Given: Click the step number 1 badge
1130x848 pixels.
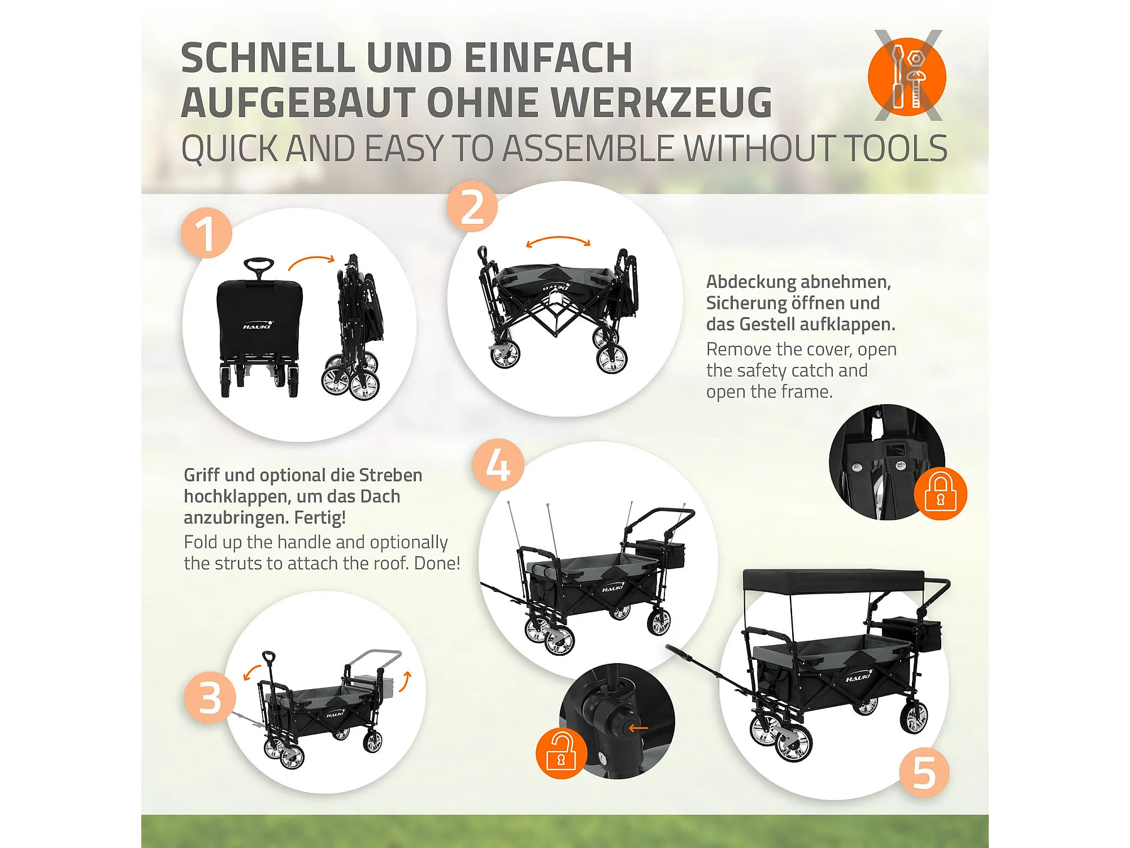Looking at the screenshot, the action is click(x=207, y=233).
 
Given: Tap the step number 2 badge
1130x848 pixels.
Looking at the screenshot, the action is click(x=472, y=206).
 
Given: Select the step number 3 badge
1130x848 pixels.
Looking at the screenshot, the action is click(x=210, y=698).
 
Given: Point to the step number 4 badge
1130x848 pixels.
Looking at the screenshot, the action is click(x=498, y=465).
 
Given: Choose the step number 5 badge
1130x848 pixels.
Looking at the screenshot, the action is click(x=924, y=773).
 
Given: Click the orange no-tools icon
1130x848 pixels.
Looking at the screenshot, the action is click(x=907, y=76).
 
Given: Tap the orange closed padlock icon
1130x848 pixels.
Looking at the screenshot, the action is click(x=941, y=494).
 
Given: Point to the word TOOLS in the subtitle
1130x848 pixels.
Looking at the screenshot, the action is click(x=896, y=149).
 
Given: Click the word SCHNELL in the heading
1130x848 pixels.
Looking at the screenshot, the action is click(x=268, y=58).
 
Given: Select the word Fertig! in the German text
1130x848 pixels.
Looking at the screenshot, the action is click(x=320, y=517).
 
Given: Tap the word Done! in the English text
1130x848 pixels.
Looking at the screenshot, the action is click(x=437, y=563).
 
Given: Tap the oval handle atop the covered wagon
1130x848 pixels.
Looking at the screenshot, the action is click(x=259, y=263).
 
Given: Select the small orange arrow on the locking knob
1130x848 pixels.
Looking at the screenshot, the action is click(x=638, y=728).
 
